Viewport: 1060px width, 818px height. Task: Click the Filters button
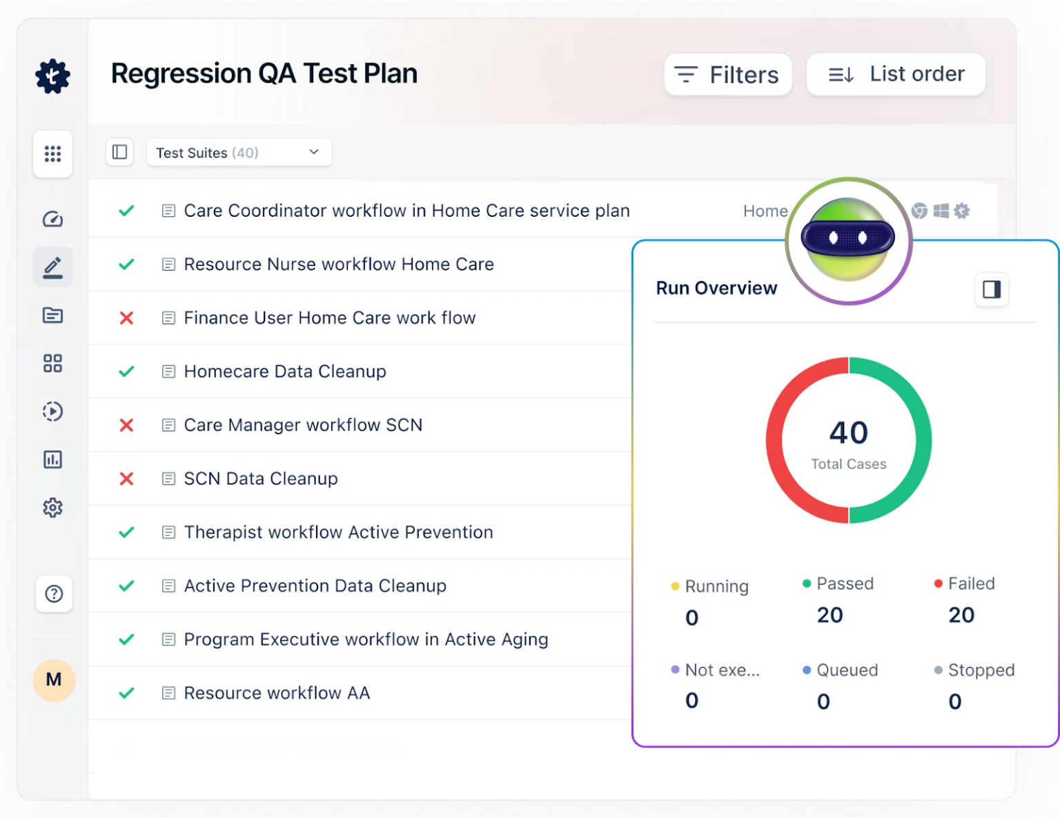pos(727,75)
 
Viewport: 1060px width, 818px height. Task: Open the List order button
pos(896,74)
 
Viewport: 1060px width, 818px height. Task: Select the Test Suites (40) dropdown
pos(239,153)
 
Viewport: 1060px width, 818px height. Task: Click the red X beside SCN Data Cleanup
pos(126,478)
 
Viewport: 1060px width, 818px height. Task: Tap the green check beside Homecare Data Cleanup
pos(126,371)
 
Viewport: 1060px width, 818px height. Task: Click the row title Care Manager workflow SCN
pos(302,425)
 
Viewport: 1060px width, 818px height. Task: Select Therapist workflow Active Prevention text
pos(338,532)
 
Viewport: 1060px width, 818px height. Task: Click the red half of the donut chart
pos(774,440)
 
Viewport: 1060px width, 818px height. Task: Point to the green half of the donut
pos(923,440)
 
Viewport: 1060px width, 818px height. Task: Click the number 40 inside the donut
pos(848,433)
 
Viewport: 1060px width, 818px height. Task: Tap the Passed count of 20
pos(830,615)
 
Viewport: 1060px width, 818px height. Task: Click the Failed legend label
pos(971,584)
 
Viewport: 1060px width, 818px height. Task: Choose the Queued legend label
pos(847,670)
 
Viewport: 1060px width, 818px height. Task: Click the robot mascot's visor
pos(847,238)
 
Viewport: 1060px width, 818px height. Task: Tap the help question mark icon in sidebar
pos(54,594)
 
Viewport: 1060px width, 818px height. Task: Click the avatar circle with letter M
pos(54,680)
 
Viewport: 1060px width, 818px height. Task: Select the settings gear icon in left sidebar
pos(53,508)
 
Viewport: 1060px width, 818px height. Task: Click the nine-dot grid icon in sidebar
pos(53,153)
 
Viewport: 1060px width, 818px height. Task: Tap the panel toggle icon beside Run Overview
pos(991,289)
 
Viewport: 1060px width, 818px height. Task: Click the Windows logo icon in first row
pos(941,211)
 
